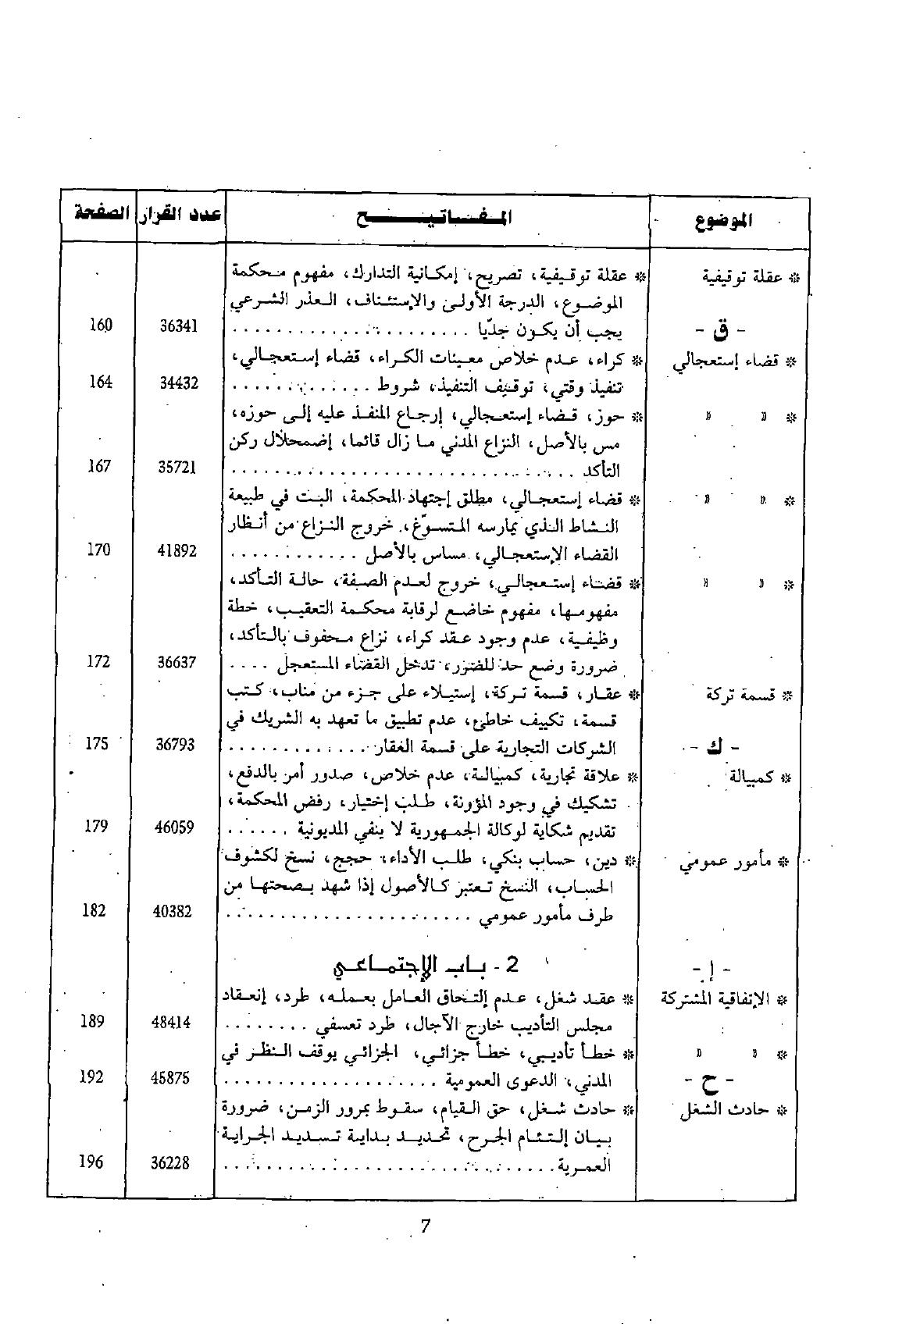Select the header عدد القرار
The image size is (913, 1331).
(180, 215)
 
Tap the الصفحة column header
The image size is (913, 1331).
(98, 214)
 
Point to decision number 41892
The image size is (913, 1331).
(177, 551)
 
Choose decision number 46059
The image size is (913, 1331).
(175, 827)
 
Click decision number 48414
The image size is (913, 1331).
(172, 1023)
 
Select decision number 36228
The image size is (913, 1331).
(170, 1162)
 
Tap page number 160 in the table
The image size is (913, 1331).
(100, 325)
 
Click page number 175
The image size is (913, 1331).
(96, 743)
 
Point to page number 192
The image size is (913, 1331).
(91, 1077)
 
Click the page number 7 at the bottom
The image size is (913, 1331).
(426, 1226)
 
